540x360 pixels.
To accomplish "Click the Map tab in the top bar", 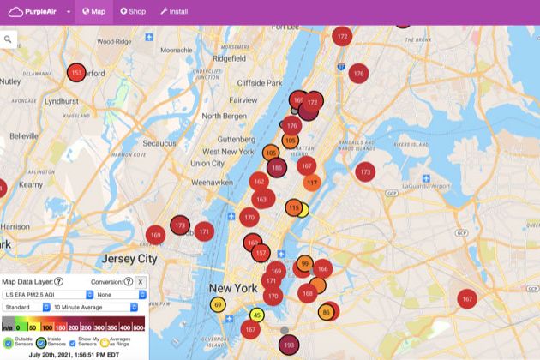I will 93,12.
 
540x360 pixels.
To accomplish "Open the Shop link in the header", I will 135,12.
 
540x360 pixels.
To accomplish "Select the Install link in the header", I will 174,12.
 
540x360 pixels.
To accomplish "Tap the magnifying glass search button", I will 9,39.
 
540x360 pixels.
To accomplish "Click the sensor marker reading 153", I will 77,73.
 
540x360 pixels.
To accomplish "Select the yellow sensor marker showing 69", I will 218,305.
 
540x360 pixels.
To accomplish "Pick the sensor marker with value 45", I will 257,315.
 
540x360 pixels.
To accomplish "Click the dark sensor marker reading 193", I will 289,345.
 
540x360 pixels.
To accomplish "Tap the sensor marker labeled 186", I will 276,167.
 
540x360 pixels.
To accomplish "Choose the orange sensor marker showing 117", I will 311,183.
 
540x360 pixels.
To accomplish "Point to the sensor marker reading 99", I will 304,264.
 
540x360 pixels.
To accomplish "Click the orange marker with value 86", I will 326,313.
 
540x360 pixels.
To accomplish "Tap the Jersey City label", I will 129,258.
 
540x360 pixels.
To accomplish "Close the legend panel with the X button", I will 141,281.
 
